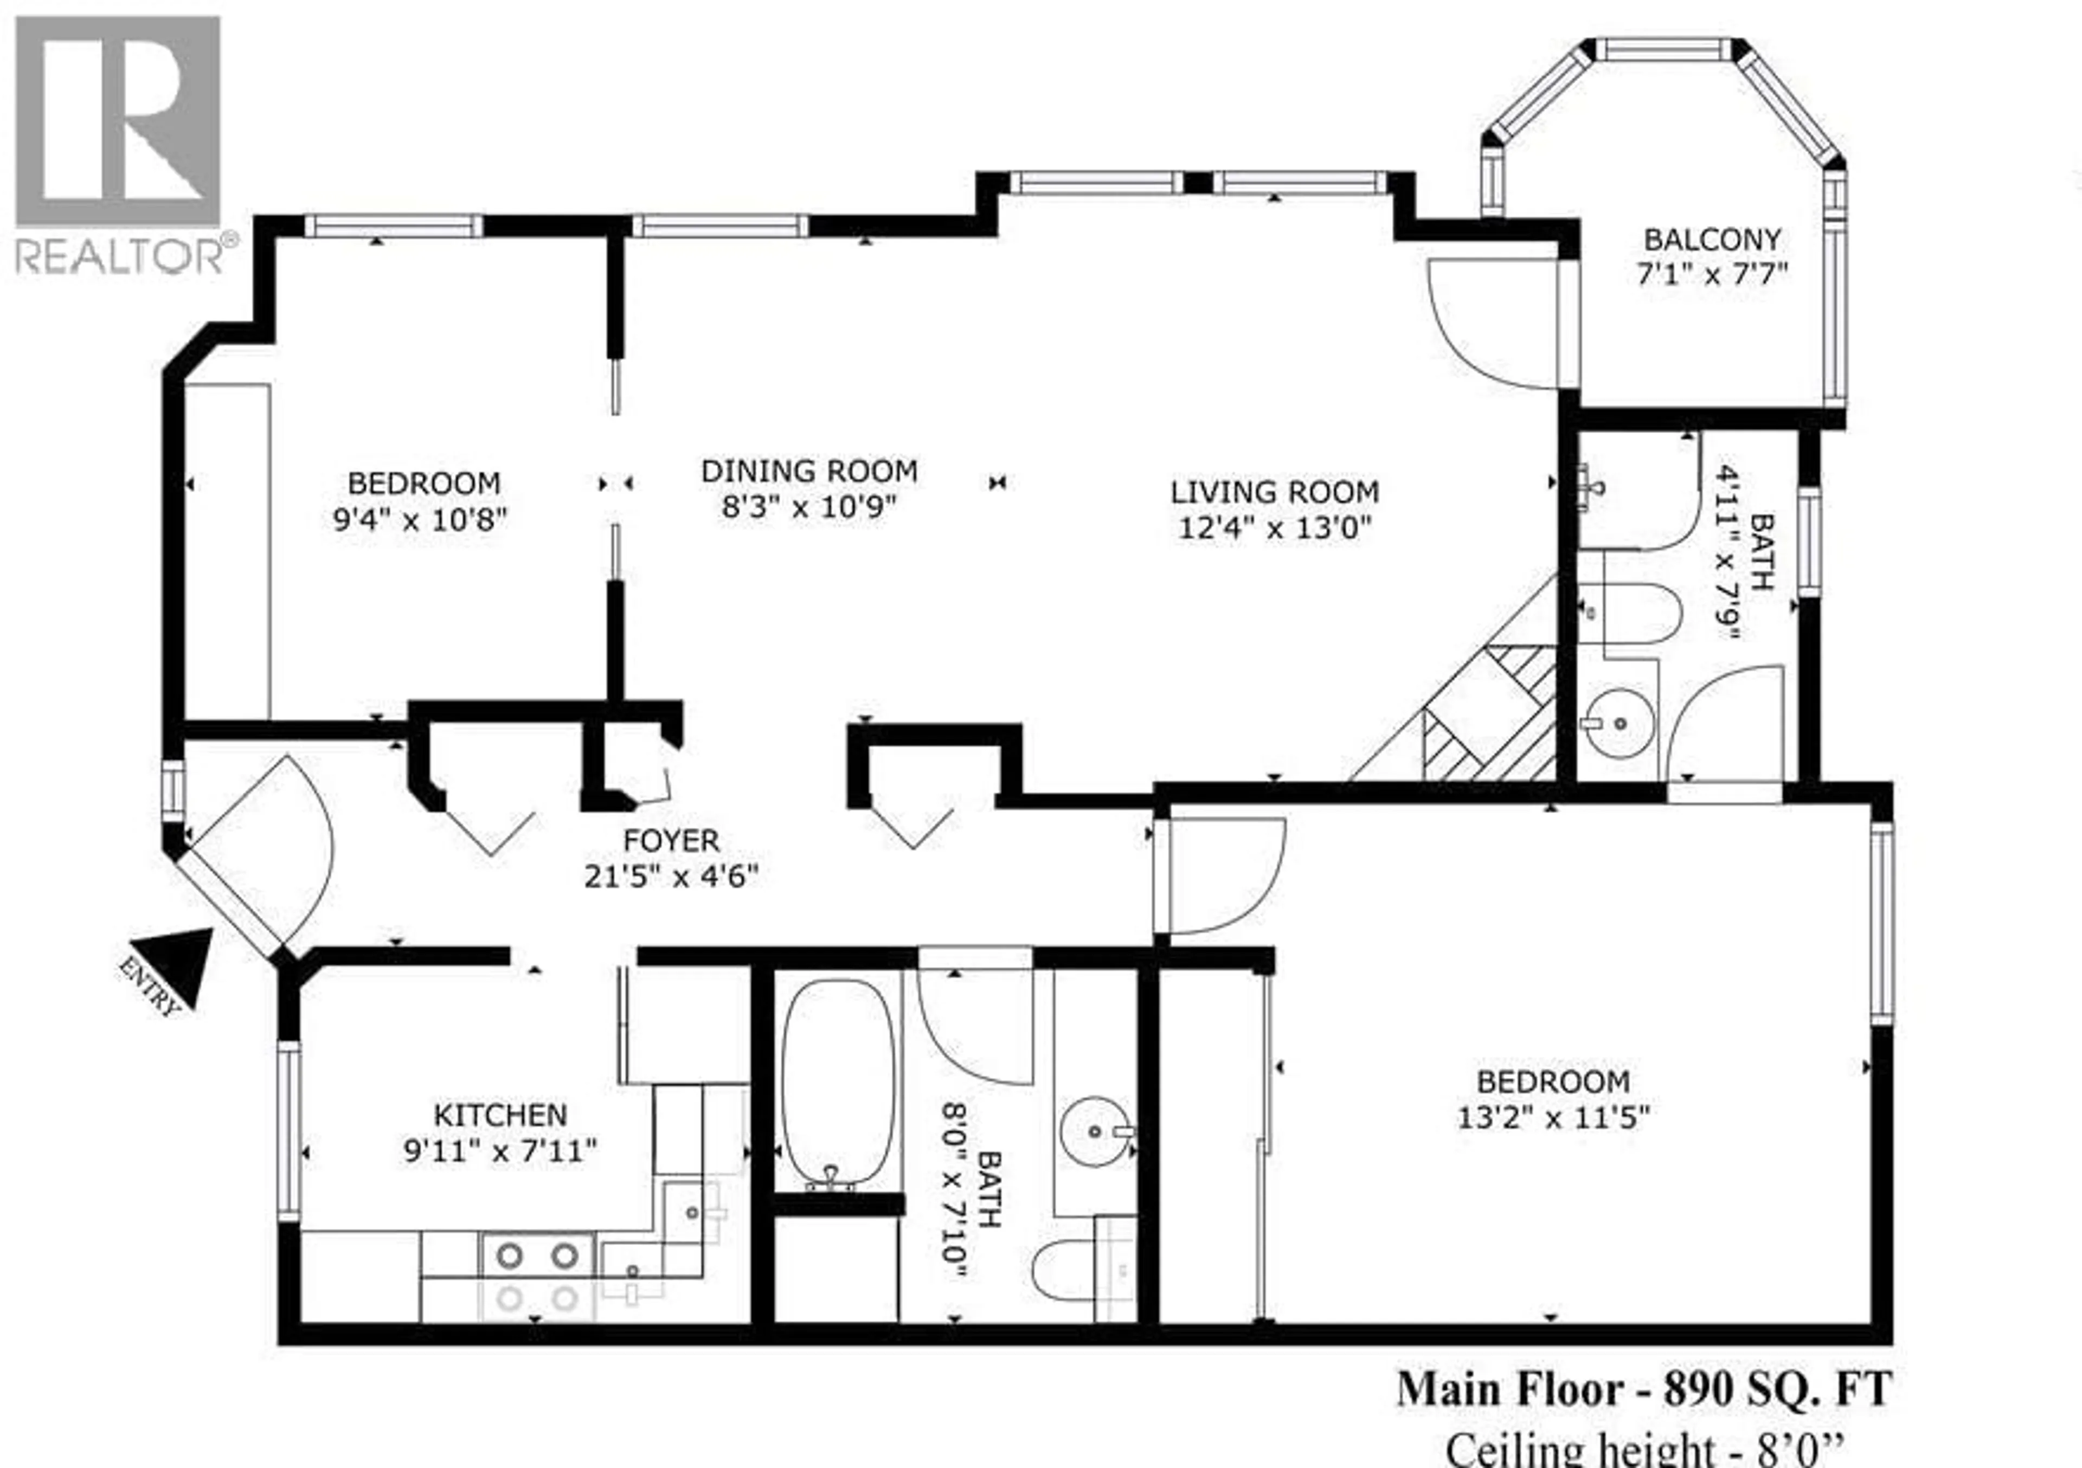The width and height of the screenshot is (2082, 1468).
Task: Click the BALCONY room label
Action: click(1712, 240)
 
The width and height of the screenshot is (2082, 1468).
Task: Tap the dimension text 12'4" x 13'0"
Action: click(1274, 527)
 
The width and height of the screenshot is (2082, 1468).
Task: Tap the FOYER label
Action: click(671, 841)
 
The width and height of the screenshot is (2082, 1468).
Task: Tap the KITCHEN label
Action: click(500, 1115)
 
